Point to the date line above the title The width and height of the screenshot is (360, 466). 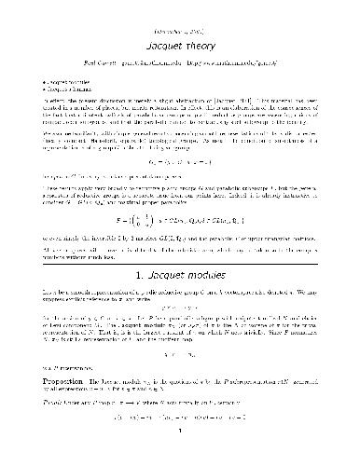(180, 13)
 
